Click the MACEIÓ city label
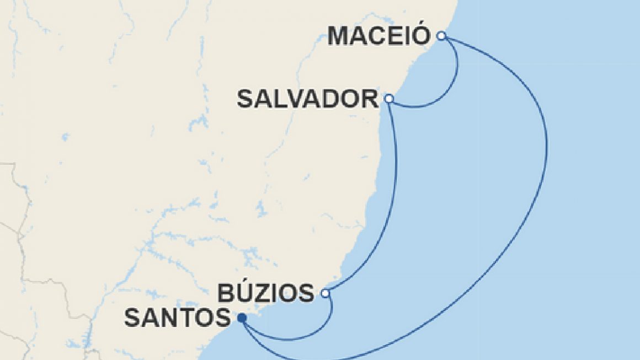tap(378, 36)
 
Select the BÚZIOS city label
tap(266, 293)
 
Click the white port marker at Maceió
tap(441, 36)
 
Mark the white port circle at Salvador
tap(389, 99)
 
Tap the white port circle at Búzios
tap(326, 293)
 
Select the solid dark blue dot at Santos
tap(241, 318)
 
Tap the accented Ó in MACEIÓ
tap(421, 35)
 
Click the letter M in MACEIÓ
tap(340, 36)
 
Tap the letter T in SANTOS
tap(188, 318)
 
